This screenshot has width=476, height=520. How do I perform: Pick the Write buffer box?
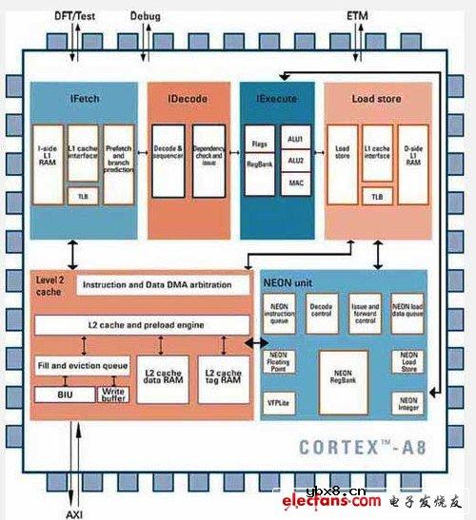112,393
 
